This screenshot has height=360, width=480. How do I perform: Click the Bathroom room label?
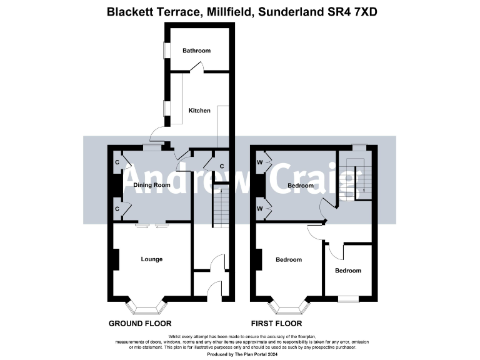[196, 51]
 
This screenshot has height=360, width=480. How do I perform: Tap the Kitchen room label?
[199, 111]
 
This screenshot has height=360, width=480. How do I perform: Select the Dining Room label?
[152, 185]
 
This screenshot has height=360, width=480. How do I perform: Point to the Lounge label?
[152, 259]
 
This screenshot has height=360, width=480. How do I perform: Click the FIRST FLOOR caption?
[276, 324]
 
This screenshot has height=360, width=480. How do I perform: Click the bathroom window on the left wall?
[166, 51]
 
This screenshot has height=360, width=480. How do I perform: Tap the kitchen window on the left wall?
[166, 108]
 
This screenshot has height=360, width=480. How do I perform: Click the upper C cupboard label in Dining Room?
[117, 162]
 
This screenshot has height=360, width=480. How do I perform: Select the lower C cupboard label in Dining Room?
[117, 209]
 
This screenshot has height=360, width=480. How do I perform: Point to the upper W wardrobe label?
[259, 162]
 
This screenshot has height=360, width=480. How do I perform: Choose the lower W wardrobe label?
[259, 209]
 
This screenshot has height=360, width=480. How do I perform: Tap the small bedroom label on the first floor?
[347, 271]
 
